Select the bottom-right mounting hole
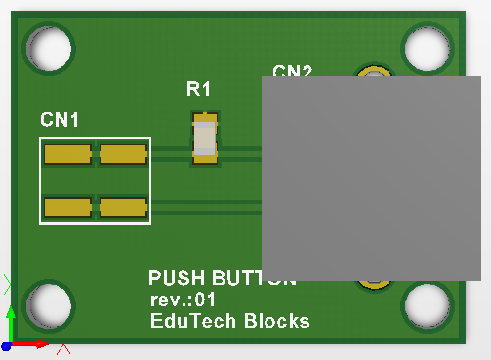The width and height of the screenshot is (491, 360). pos(429,306)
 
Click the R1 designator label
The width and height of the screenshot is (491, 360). pos(198,90)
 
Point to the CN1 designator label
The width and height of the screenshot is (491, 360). pos(60,120)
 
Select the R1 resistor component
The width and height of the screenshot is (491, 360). pos(205,138)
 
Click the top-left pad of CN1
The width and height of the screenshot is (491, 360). pos(68,154)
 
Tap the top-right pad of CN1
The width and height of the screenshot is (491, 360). pos(123,154)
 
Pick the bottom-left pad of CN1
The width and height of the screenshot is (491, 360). pos(68,207)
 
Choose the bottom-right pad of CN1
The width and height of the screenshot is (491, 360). pos(123,207)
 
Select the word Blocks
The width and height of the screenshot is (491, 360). pos(276,320)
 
